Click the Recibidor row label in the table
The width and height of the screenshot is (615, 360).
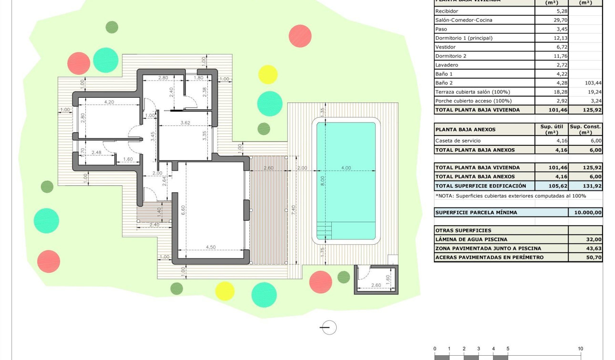point(447,11)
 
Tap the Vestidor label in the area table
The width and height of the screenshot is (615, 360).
point(445,47)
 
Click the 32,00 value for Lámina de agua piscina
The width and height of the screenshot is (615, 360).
point(594,239)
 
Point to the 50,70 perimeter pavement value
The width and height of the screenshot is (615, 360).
point(594,257)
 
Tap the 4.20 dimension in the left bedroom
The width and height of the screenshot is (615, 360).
point(109,102)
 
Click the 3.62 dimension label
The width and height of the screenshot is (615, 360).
point(185,123)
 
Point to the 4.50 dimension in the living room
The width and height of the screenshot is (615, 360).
point(210,247)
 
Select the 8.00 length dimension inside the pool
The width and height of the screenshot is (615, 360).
point(323,181)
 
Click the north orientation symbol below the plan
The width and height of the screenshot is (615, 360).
point(328,328)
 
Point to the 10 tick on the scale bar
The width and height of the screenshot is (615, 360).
point(580,349)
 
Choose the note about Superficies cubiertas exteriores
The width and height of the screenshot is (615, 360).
point(511,196)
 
